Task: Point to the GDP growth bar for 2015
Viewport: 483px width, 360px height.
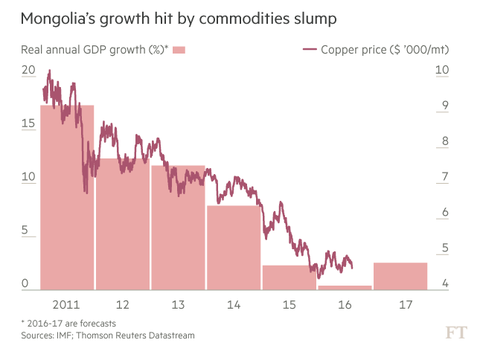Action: [x=289, y=277]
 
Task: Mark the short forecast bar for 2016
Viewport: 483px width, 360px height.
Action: [x=345, y=287]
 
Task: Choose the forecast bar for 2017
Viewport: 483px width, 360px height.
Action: [x=400, y=275]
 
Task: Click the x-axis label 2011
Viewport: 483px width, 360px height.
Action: [x=67, y=305]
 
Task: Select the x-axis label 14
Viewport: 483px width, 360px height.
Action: [x=234, y=305]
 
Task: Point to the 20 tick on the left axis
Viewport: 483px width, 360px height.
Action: [x=28, y=71]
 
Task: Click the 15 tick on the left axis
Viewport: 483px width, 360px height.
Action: [x=28, y=124]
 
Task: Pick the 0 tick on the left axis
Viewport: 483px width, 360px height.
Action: [x=25, y=284]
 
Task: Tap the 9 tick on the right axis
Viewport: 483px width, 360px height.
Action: [x=444, y=106]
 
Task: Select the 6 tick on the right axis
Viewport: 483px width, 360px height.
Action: [x=444, y=213]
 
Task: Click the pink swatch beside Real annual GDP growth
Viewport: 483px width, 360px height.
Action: [x=179, y=50]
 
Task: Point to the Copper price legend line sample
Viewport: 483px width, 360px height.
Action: [x=310, y=50]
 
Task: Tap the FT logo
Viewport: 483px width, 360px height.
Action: [x=455, y=332]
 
